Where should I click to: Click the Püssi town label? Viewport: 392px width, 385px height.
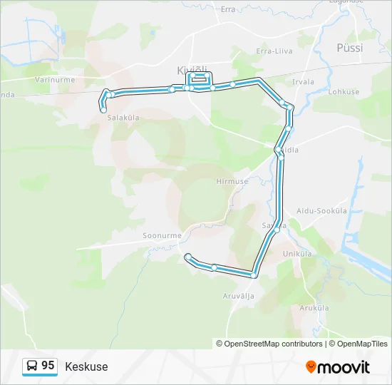(x=349, y=48)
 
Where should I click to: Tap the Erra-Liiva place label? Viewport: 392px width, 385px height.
(x=274, y=51)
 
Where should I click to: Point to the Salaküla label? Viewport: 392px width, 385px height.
(x=123, y=119)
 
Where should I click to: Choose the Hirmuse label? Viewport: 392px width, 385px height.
(x=232, y=181)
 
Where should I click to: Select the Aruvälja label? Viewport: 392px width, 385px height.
(x=238, y=294)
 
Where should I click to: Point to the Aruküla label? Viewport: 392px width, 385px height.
(x=314, y=307)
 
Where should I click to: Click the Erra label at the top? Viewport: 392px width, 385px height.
(x=228, y=9)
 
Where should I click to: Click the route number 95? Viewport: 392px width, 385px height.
(x=48, y=365)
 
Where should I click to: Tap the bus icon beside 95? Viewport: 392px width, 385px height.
(x=32, y=366)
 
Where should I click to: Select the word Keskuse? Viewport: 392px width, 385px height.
(x=86, y=366)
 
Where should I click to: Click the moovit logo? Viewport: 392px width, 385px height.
(x=338, y=367)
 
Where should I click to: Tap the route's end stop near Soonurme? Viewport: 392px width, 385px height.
(x=187, y=256)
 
